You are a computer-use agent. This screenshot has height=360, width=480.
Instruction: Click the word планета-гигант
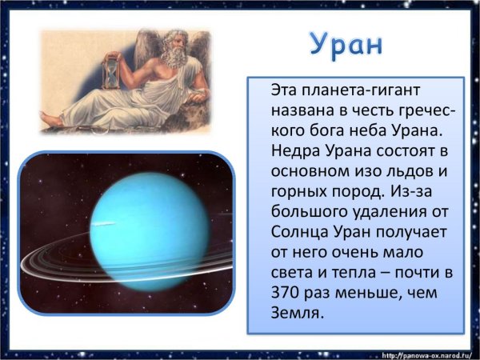pyautogui.click(x=350, y=89)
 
